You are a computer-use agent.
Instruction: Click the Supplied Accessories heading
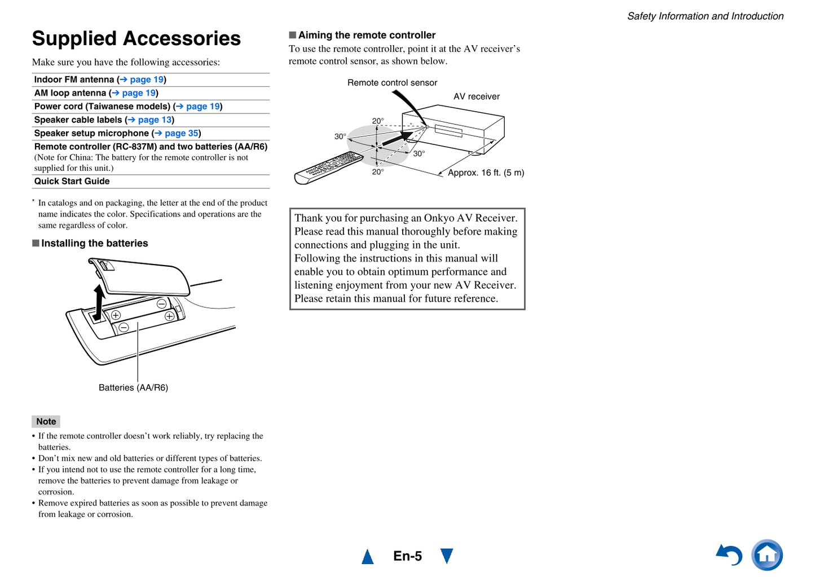click(136, 38)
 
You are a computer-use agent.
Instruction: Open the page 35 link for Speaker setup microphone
click(181, 133)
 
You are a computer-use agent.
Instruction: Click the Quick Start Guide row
click(72, 181)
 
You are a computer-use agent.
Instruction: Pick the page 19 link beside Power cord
click(202, 106)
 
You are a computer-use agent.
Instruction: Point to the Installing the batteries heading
click(94, 243)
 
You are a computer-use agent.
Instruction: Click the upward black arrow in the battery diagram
click(99, 302)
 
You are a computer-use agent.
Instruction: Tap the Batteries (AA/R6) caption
click(133, 387)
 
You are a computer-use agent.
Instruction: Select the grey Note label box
click(46, 421)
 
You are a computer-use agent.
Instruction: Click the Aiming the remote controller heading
click(367, 35)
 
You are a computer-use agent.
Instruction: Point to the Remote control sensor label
click(392, 82)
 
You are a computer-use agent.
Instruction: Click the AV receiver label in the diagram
click(477, 96)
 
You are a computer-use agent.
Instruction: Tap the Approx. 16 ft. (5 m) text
click(486, 173)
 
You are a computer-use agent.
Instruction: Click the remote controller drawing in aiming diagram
click(328, 168)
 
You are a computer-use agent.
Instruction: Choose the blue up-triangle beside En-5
click(368, 557)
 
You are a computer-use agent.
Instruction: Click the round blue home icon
click(767, 555)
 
